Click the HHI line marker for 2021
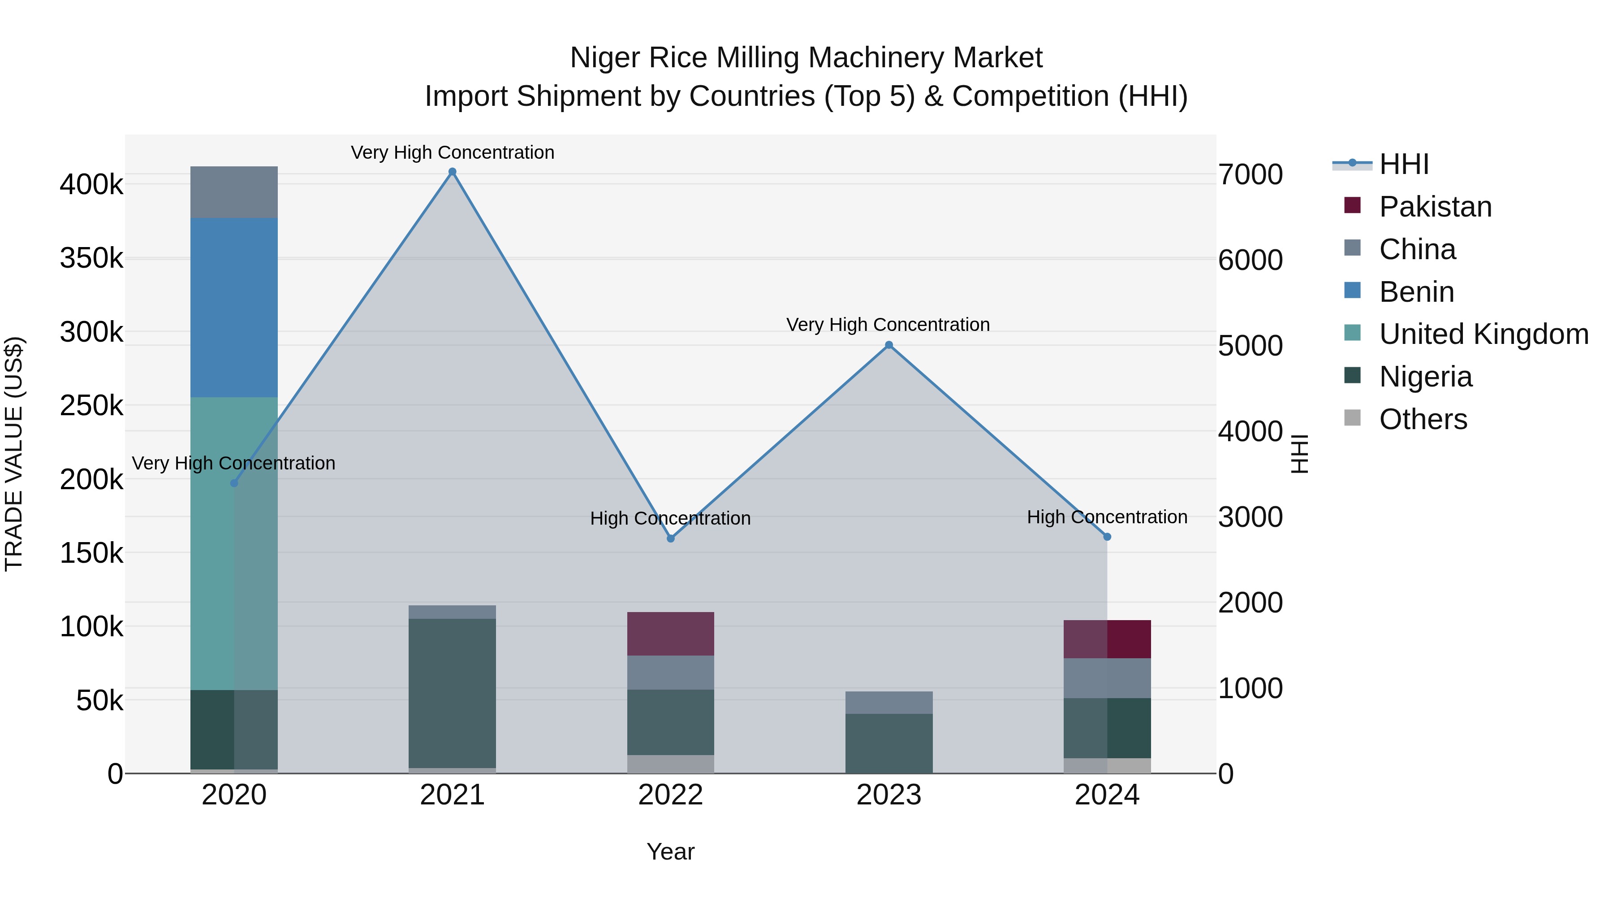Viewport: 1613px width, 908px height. click(x=452, y=172)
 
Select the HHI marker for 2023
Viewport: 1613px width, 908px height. click(x=888, y=345)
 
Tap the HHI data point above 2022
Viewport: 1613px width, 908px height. click(x=671, y=538)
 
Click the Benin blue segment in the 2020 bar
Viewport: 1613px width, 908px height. click(x=233, y=307)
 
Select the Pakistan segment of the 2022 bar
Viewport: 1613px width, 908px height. click(x=671, y=634)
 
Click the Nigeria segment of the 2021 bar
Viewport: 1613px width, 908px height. click(x=452, y=692)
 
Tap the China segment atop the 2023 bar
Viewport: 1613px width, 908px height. click(x=888, y=703)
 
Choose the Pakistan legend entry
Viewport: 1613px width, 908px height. click(x=1435, y=207)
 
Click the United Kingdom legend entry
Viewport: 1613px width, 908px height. click(x=1483, y=334)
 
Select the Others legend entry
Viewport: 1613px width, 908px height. click(x=1422, y=419)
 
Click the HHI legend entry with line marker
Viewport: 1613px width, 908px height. click(x=1402, y=164)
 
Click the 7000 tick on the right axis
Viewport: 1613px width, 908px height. click(x=1250, y=175)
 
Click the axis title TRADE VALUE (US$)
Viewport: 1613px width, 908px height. click(x=14, y=454)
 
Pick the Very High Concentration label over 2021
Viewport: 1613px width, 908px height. click(x=452, y=152)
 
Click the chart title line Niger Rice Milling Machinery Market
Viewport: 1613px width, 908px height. click(x=806, y=58)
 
